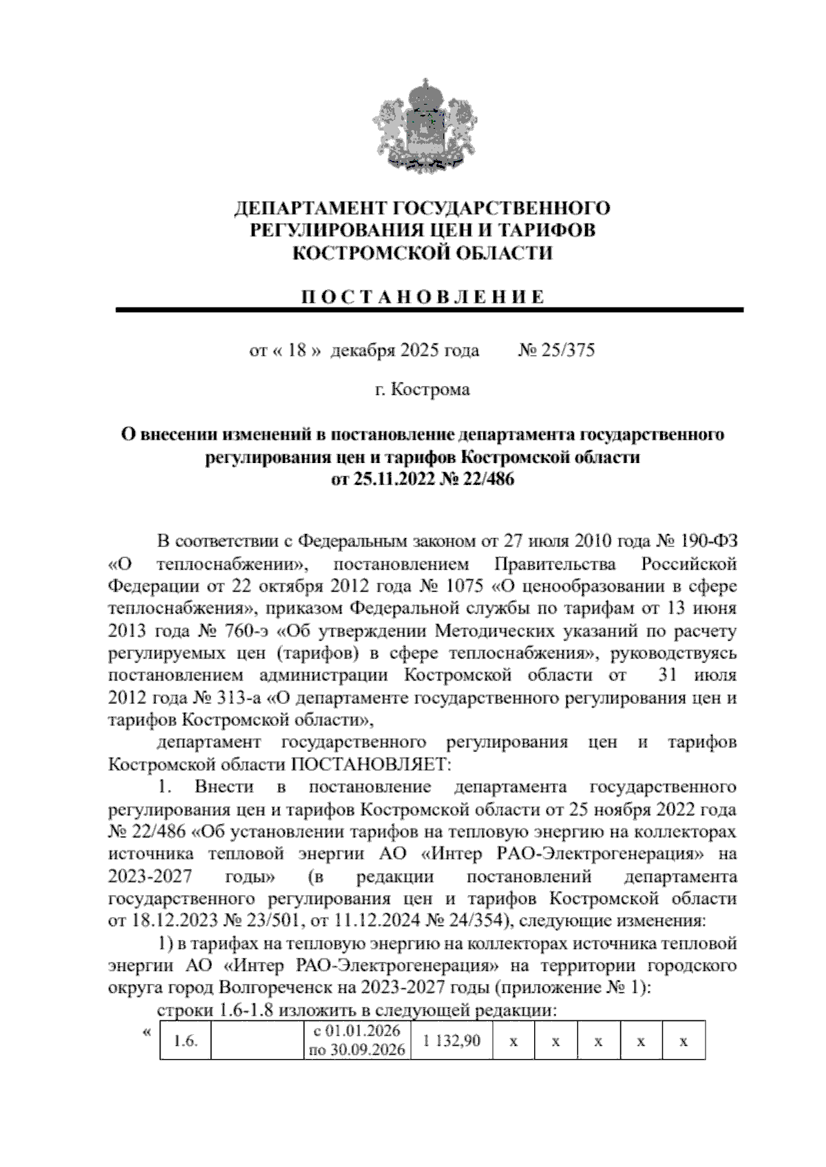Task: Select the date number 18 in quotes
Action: pyautogui.click(x=297, y=351)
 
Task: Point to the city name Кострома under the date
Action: pyautogui.click(x=430, y=390)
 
